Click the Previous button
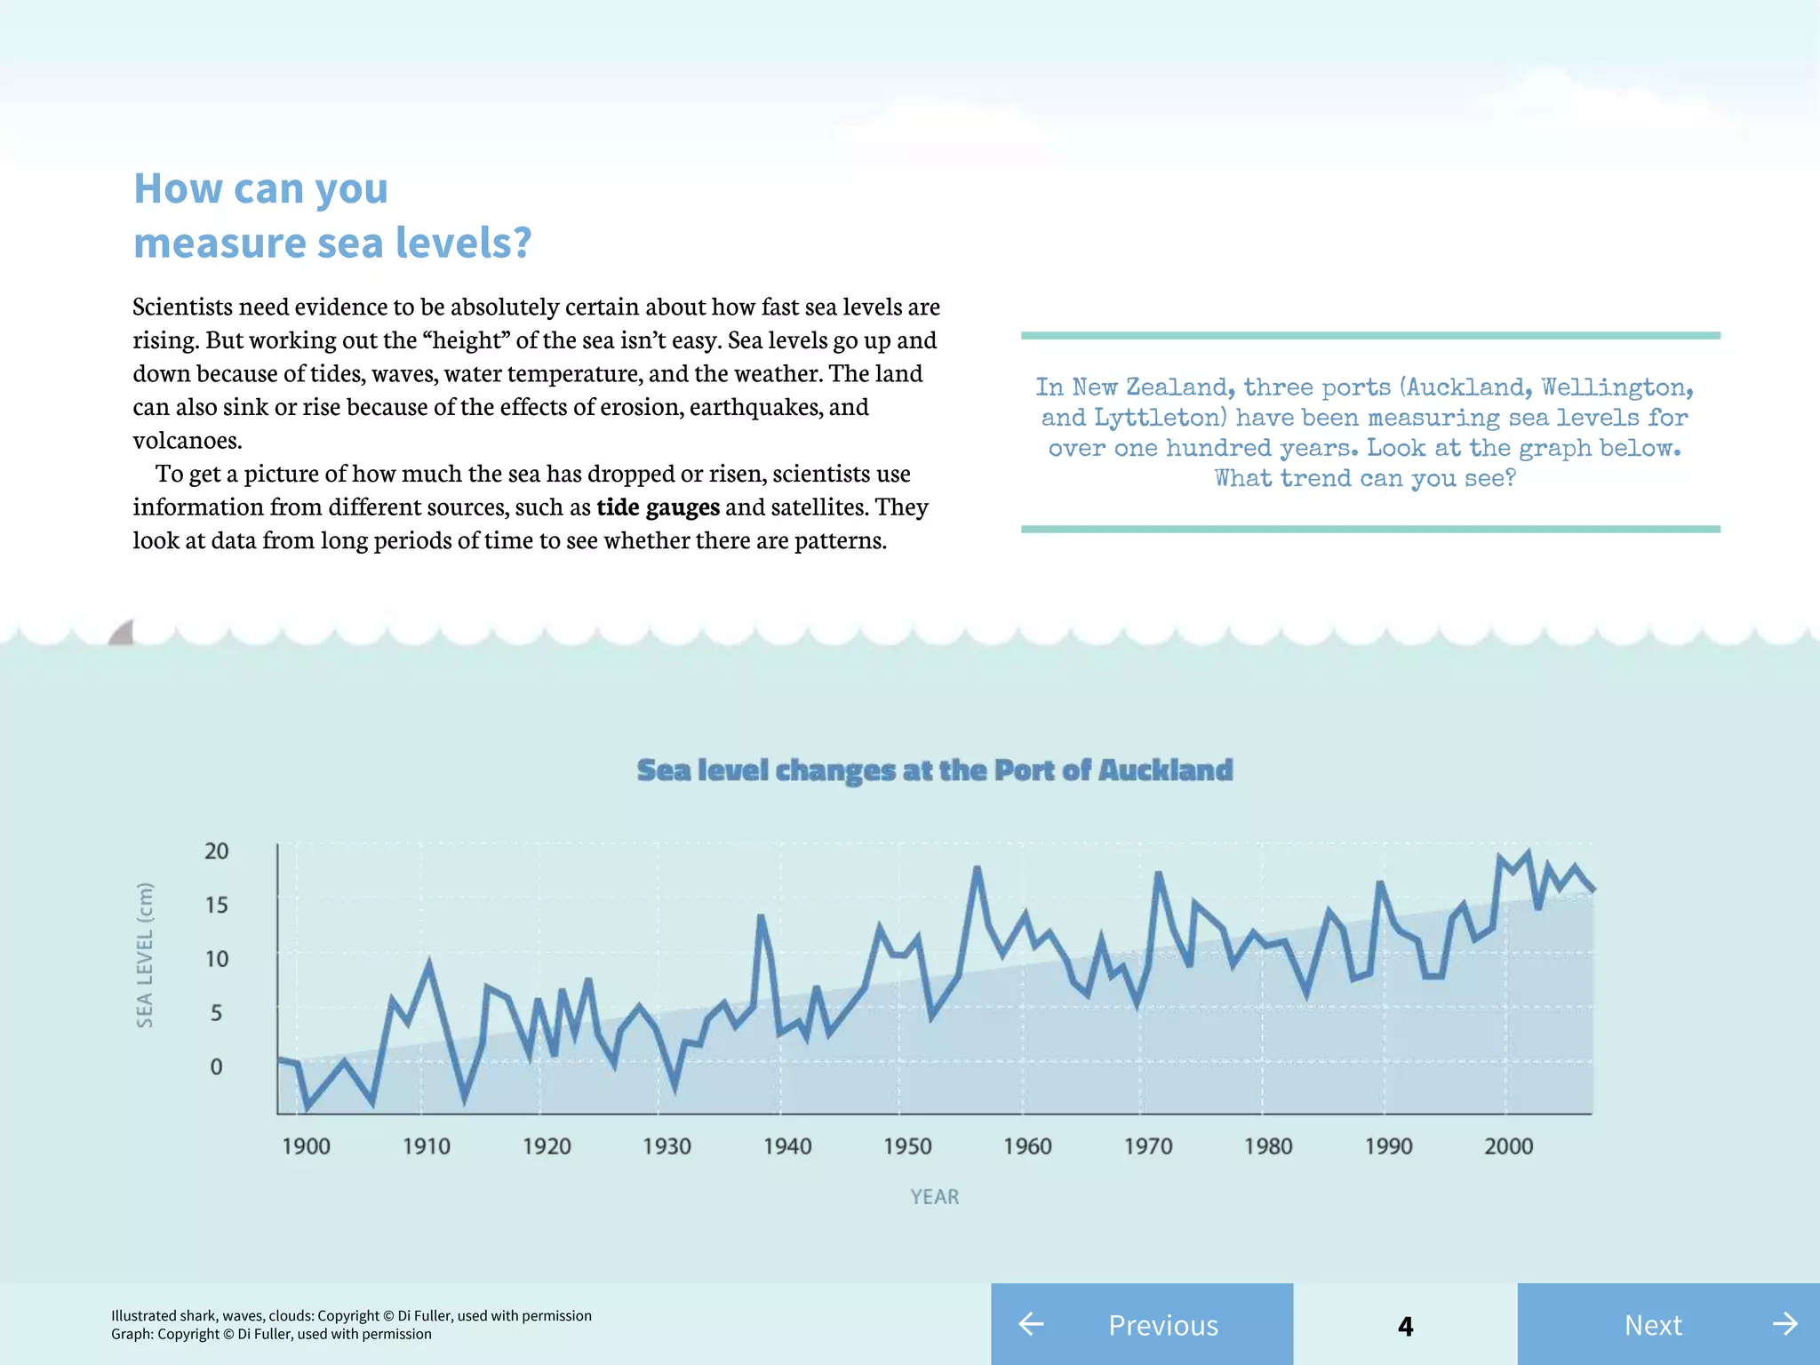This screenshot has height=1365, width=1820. click(x=1142, y=1324)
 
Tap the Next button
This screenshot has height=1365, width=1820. click(x=1668, y=1324)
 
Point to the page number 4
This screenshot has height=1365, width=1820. click(x=1405, y=1326)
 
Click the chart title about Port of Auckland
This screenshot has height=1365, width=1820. click(x=935, y=770)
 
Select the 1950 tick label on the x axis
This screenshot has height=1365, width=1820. click(x=907, y=1146)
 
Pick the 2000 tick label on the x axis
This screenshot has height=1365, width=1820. click(x=1508, y=1146)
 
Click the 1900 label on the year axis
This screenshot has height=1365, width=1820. click(x=306, y=1146)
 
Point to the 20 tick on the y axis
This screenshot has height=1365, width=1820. click(x=216, y=851)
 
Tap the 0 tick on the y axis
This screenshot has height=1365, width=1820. click(x=216, y=1066)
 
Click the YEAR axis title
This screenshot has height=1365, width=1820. click(x=934, y=1197)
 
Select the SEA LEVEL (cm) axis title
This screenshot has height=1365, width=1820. click(x=145, y=954)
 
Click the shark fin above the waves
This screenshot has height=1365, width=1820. click(x=123, y=633)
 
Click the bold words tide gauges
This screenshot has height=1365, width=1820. click(x=658, y=507)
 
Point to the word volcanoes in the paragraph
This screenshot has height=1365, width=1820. click(x=187, y=441)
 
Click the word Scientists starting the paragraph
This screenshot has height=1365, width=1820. click(x=182, y=307)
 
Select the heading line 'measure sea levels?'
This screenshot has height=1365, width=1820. click(x=332, y=243)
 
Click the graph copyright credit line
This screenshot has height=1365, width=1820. click(x=271, y=1334)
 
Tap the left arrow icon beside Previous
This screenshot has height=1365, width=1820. click(x=1031, y=1324)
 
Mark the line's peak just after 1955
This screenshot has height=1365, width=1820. click(x=977, y=868)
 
